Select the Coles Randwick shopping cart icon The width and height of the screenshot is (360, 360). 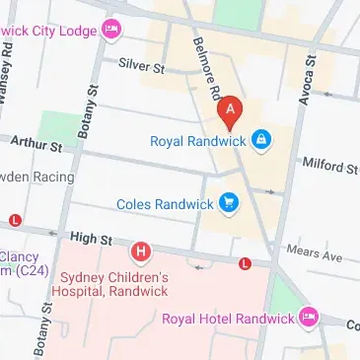(x=230, y=203)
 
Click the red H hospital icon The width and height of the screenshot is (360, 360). (x=142, y=253)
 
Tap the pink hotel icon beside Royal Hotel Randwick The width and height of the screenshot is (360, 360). (x=309, y=318)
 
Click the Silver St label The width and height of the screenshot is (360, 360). (x=141, y=66)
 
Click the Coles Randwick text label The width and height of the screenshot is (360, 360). (x=165, y=204)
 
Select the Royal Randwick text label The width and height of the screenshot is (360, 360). (x=196, y=141)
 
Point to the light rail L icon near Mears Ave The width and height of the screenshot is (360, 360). (x=244, y=263)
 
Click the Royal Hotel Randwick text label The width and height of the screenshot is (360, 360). (x=228, y=319)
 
